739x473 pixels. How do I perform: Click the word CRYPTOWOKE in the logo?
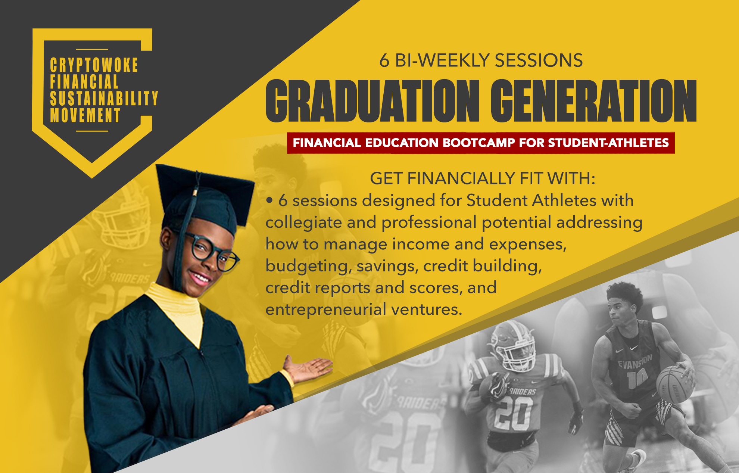coord(94,65)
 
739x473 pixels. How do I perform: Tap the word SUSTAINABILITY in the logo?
coord(104,99)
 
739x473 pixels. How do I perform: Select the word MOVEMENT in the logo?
coord(85,115)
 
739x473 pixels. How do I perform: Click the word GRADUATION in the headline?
coord(372,101)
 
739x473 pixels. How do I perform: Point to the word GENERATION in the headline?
coord(593,101)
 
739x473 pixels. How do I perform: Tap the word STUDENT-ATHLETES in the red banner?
coord(608,143)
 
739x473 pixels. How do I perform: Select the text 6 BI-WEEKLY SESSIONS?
coord(481,60)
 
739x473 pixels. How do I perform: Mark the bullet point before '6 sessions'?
coord(269,200)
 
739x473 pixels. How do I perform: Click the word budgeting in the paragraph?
coord(308,267)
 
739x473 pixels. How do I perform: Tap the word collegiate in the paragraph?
coord(303,223)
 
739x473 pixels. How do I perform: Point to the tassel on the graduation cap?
coord(185,231)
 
